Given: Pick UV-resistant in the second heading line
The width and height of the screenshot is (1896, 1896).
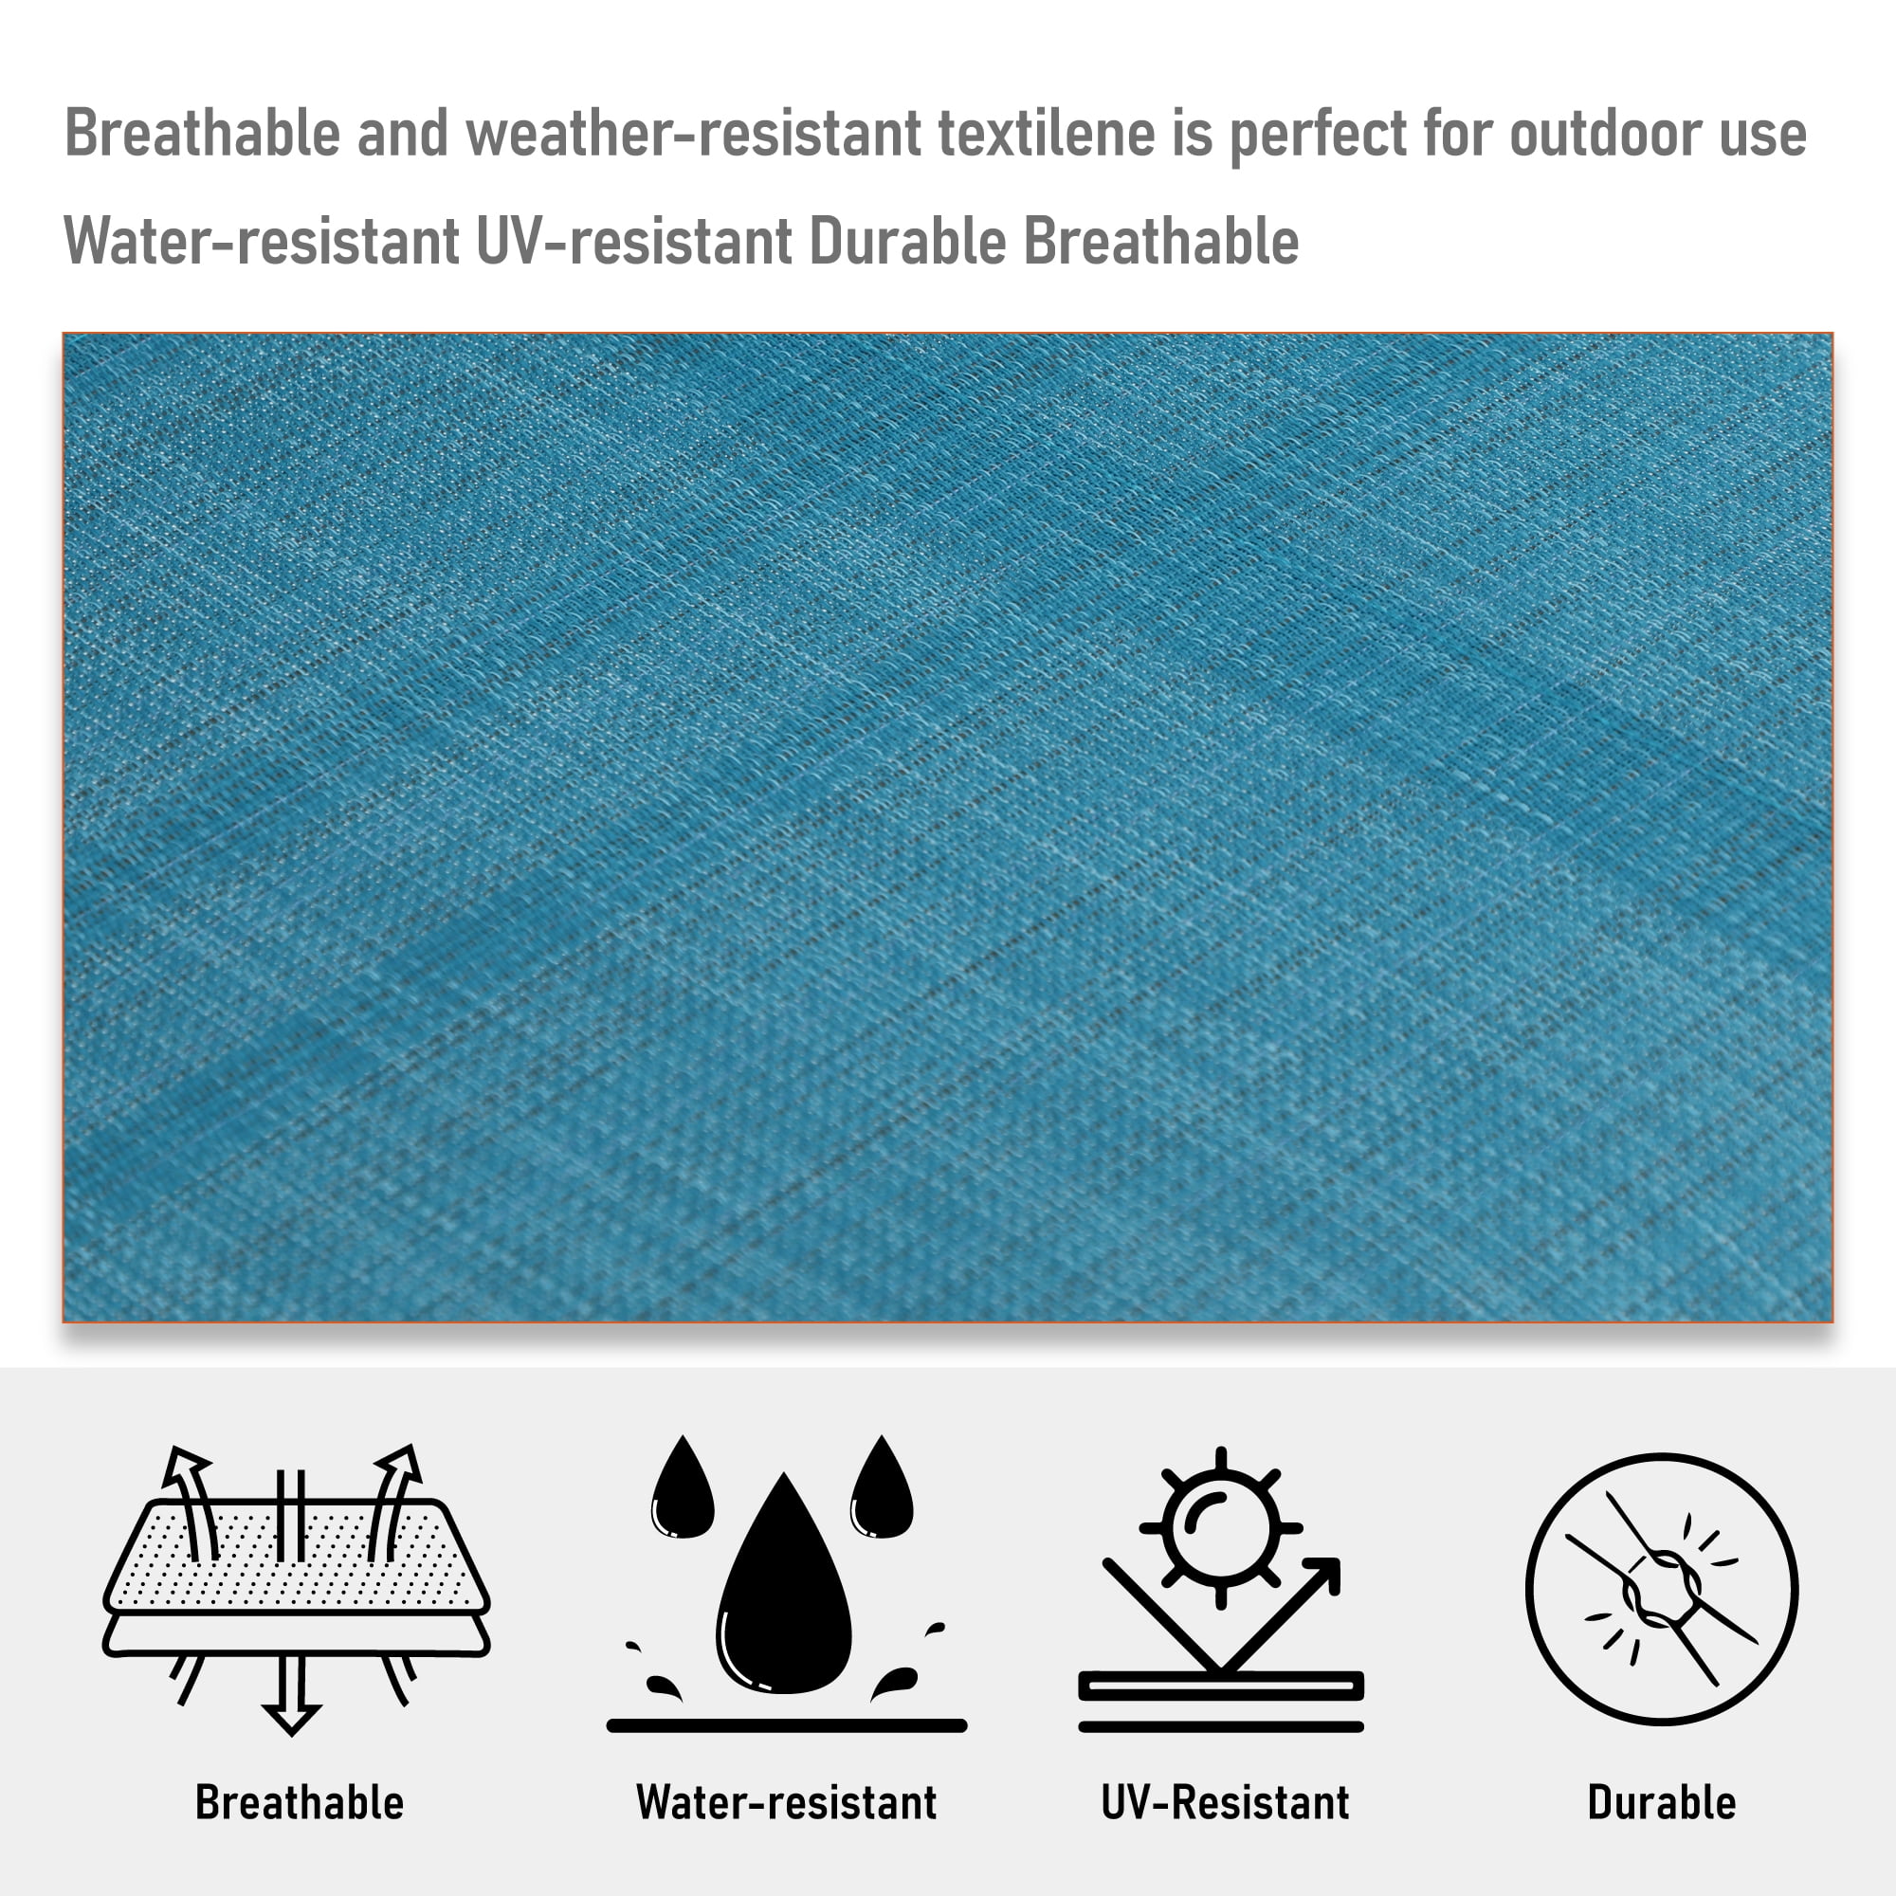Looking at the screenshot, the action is click(x=635, y=241).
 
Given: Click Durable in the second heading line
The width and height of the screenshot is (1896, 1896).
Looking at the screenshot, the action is click(x=908, y=241).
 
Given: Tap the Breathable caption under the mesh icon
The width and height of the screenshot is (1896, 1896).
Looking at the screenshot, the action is click(x=300, y=1802).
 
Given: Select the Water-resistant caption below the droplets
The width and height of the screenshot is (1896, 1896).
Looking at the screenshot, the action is click(x=786, y=1802).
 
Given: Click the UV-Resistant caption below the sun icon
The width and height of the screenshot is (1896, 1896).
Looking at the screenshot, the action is click(x=1225, y=1802).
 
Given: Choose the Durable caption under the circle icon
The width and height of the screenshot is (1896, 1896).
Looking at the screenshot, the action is click(x=1662, y=1802).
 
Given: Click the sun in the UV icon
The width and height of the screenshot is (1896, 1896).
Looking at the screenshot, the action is click(x=1221, y=1528).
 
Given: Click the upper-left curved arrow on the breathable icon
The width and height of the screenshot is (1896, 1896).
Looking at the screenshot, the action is click(x=191, y=1503).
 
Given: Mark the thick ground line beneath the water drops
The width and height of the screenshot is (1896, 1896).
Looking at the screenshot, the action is click(x=787, y=1725).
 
